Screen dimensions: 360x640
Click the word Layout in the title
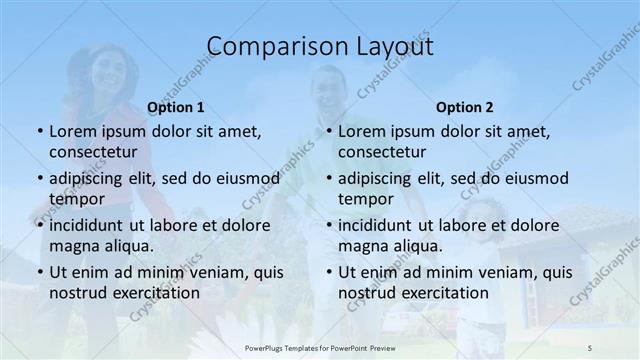388,47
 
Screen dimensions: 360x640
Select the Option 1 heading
175,107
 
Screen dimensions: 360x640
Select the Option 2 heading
465,107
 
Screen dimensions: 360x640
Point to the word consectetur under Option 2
382,152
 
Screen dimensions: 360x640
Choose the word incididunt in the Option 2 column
379,225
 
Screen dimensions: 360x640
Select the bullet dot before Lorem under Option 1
39,132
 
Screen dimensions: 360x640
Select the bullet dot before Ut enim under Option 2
329,272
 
